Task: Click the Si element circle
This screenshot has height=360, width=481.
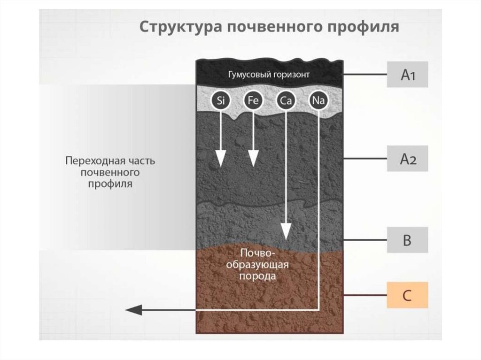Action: click(x=220, y=100)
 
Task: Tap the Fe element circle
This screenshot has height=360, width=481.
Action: click(x=253, y=100)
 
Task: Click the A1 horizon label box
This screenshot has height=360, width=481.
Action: click(x=407, y=75)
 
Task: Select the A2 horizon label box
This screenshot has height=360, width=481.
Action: click(x=407, y=159)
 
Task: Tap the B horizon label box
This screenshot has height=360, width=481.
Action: click(x=407, y=240)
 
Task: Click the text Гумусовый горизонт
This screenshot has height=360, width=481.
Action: click(x=269, y=75)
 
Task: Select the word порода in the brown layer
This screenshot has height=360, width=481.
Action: click(x=257, y=276)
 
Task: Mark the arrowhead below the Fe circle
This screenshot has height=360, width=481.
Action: click(x=253, y=160)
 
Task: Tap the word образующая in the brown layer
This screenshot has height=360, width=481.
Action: click(x=257, y=265)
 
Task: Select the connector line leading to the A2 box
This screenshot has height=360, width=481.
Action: click(x=365, y=159)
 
